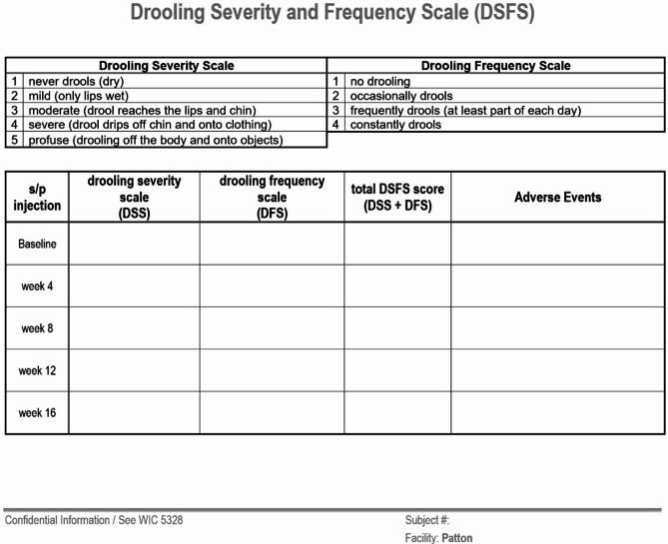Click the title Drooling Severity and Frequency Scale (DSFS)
click(x=333, y=14)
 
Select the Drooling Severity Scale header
click(x=166, y=66)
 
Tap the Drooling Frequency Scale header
click(x=495, y=66)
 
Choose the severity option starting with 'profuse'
click(x=155, y=140)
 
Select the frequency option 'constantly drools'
click(x=395, y=125)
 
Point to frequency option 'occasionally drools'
click(x=400, y=96)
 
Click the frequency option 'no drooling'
click(x=379, y=81)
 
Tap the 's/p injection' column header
click(x=37, y=197)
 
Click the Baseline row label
click(x=37, y=244)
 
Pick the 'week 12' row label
click(x=37, y=370)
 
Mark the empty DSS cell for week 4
click(x=134, y=285)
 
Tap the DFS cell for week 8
click(x=272, y=328)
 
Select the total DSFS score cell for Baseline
click(x=397, y=244)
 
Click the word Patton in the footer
click(x=457, y=538)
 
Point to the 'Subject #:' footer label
click(x=427, y=520)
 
